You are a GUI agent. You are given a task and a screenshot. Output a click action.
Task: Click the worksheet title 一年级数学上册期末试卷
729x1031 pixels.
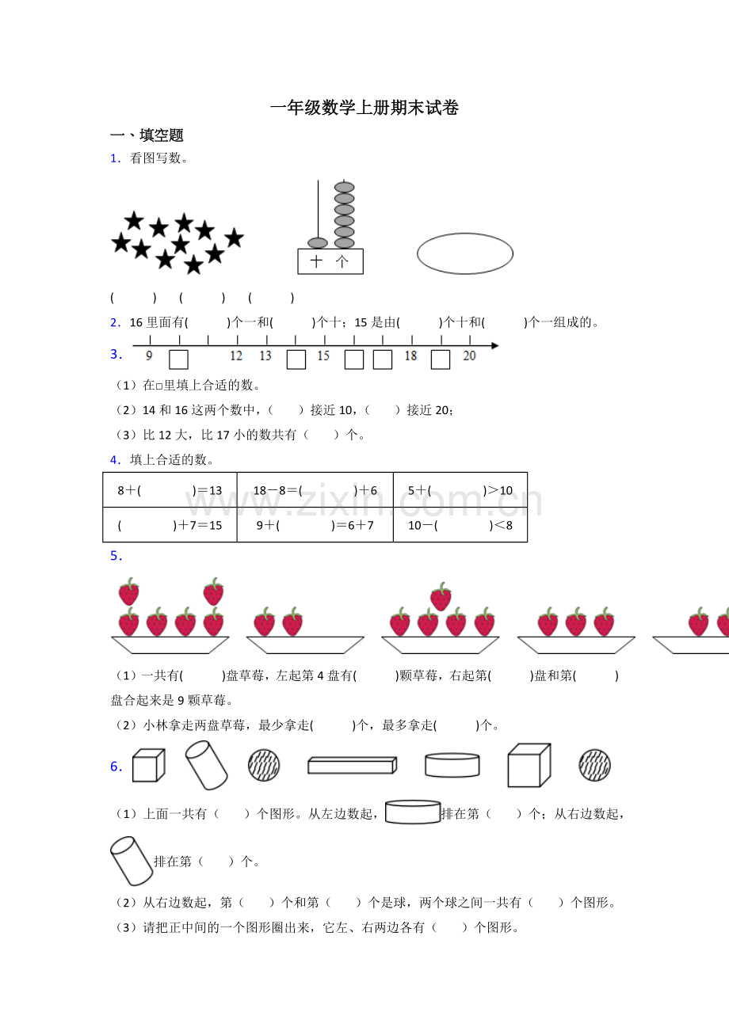364,108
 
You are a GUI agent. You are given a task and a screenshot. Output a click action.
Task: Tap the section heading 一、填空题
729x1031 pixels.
147,135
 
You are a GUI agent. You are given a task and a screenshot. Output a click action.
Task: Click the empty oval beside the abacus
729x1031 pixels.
464,253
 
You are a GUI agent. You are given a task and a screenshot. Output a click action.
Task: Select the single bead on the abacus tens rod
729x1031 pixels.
317,242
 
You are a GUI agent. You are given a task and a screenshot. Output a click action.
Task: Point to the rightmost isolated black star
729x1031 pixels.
234,238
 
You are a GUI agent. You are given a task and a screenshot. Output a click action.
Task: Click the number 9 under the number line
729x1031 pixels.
149,356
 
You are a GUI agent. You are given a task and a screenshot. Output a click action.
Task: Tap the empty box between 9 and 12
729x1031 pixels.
178,360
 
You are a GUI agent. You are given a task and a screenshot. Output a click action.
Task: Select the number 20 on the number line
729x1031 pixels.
469,356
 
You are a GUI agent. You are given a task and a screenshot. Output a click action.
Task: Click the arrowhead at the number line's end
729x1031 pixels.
495,345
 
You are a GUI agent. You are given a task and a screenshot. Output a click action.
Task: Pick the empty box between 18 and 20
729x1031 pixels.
441,360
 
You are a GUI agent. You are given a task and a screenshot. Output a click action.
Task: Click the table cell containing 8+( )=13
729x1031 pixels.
170,489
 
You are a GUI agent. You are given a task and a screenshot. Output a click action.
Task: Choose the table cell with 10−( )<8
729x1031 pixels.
460,525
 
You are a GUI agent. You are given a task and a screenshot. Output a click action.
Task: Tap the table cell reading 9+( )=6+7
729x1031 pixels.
315,525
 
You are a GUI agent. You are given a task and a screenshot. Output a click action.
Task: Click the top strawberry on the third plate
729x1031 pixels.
441,596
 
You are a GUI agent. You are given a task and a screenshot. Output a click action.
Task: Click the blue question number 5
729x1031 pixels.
116,556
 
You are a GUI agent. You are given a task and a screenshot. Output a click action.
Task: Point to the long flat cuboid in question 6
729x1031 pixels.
353,766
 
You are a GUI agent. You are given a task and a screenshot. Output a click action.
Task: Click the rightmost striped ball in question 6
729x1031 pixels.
594,766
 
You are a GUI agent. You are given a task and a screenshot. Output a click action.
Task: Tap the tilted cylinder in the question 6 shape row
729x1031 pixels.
206,765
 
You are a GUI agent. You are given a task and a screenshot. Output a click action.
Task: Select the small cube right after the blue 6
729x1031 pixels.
149,766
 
